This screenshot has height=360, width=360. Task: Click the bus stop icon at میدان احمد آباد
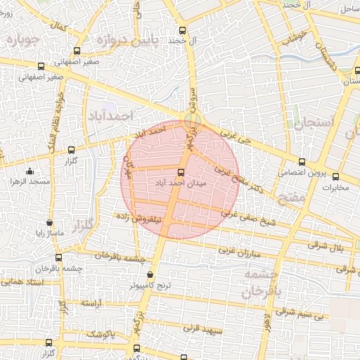[x=181, y=172]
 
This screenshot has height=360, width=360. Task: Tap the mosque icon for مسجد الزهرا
[x=30, y=171]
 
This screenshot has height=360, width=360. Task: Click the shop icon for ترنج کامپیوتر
[x=150, y=275]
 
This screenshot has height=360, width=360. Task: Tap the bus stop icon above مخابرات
[x=335, y=176]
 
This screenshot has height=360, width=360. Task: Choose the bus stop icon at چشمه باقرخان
[x=58, y=257]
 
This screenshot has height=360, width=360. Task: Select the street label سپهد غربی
[x=202, y=328]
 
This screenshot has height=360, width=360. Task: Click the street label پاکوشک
[x=101, y=333]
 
